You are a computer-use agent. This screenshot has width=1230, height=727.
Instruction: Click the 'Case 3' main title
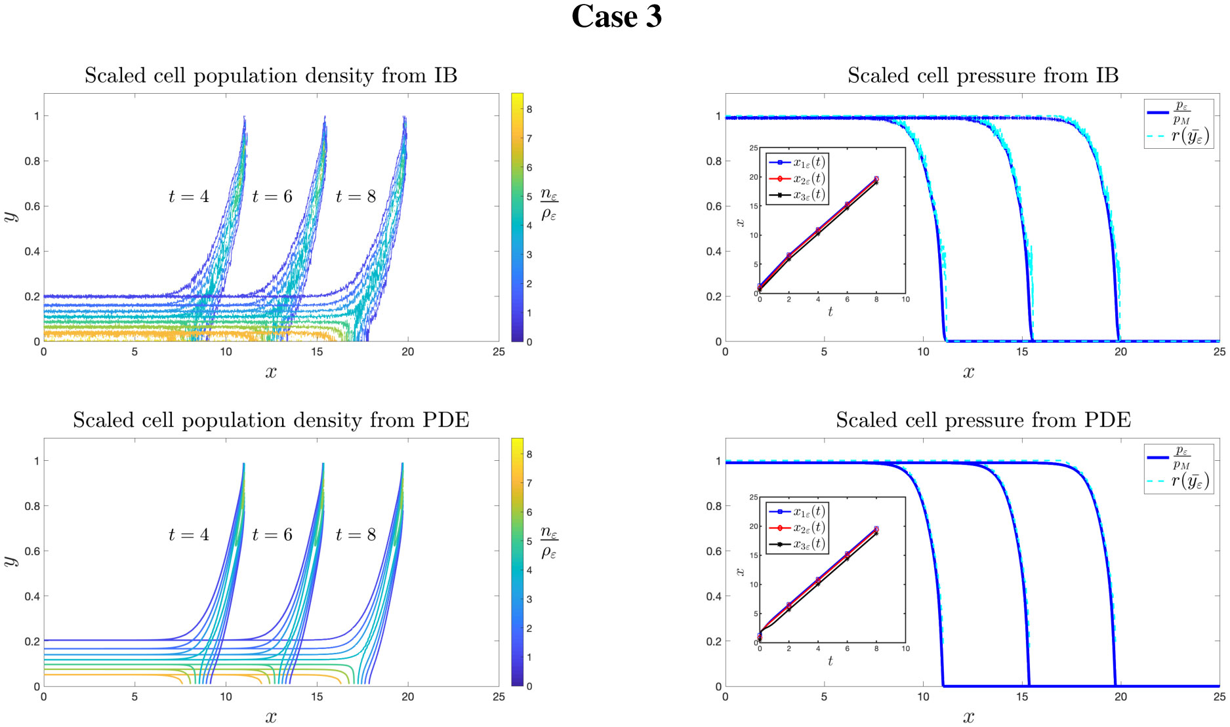pos(616,17)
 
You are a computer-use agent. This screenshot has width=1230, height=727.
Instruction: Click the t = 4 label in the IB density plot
pos(189,197)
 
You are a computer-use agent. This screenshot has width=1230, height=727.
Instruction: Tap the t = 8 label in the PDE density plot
pos(356,535)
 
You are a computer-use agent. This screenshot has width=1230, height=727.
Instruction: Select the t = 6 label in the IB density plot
pos(272,197)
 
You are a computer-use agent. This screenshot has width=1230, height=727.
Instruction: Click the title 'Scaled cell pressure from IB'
pos(983,76)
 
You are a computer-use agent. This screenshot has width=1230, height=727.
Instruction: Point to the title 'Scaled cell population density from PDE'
pos(271,420)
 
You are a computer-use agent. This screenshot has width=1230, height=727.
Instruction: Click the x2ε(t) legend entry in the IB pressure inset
pos(809,179)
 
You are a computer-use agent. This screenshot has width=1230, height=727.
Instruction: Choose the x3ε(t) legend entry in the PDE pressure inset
pos(809,544)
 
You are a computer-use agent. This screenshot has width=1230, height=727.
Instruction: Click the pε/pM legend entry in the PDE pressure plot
pos(1181,457)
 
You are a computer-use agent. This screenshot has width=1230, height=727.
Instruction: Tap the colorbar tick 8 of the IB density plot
pos(529,109)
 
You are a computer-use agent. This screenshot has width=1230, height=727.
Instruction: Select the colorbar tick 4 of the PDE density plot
pos(529,570)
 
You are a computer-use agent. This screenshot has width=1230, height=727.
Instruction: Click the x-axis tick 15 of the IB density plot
pos(317,352)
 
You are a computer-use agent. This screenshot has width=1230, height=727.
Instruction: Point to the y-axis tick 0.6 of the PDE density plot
pos(32,551)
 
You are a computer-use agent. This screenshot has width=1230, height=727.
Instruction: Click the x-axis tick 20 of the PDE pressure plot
pos(1120,697)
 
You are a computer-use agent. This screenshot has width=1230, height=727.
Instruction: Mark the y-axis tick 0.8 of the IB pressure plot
pos(714,161)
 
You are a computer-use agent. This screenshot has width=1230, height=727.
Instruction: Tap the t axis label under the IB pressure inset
pos(830,312)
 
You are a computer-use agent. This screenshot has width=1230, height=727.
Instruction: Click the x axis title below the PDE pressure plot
pos(969,717)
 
